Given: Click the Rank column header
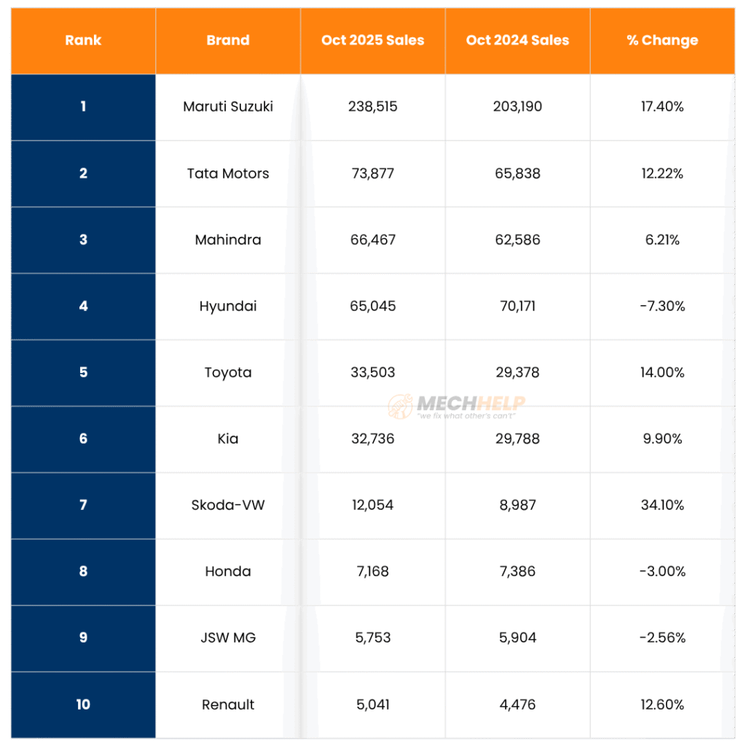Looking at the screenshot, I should point(82,41).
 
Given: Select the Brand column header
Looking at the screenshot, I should point(227,41).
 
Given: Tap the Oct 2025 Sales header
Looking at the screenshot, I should point(372,41).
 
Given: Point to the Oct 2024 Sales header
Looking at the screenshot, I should point(517,41).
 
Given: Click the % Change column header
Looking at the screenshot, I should point(662,41).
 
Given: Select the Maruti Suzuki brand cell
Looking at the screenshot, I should point(228,107).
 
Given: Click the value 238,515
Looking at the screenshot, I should point(373,107).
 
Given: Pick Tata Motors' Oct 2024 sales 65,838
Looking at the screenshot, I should point(517,173).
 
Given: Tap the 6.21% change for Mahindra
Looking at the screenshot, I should point(662,240).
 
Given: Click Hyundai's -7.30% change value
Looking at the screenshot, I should point(662,306).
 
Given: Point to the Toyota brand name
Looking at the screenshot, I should point(228,372).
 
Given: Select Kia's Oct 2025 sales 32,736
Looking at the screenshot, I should point(373,439).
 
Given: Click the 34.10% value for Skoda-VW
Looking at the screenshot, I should point(662,505).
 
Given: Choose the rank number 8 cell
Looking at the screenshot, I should point(83,571).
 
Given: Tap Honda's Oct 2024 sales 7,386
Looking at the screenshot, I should point(517,571).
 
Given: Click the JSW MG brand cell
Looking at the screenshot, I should point(228,637).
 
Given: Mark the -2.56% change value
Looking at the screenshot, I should point(662,637).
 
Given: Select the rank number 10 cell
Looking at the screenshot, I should point(83,704).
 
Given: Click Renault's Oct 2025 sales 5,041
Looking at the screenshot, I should point(373,704).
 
